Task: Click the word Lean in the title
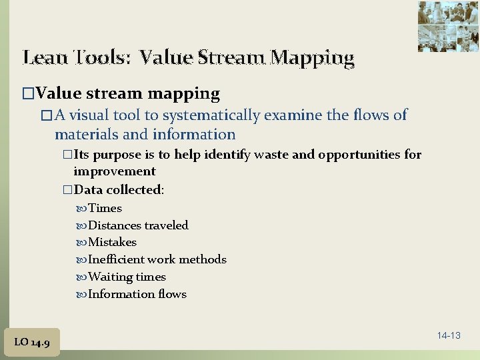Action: point(44,58)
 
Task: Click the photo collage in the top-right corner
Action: point(449,26)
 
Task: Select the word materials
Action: point(87,134)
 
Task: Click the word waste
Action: point(271,155)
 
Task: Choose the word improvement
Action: point(114,171)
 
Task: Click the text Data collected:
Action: point(119,189)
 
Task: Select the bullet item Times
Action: point(105,208)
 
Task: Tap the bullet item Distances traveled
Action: point(138,225)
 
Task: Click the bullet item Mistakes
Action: point(112,242)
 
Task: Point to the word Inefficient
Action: point(116,259)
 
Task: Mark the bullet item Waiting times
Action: point(127,277)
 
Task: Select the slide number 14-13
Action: point(449,335)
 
